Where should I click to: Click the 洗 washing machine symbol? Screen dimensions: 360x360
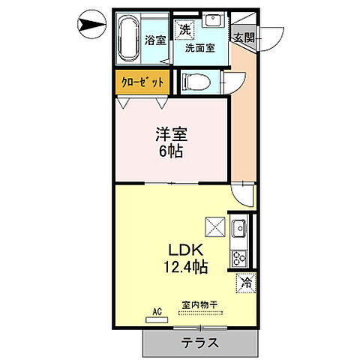click(x=184, y=29)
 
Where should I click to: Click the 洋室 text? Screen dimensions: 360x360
click(x=171, y=136)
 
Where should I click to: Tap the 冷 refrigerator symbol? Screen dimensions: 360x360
click(x=247, y=283)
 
